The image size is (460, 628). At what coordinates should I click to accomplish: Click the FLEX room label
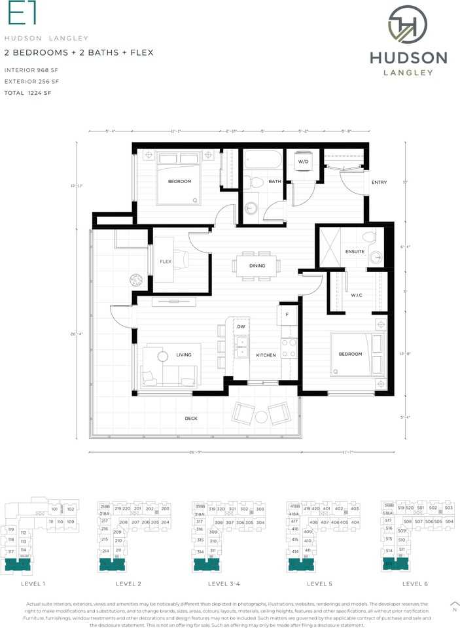point(166,262)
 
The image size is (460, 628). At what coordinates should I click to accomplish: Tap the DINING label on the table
point(257,266)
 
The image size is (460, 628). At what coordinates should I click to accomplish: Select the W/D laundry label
point(304,161)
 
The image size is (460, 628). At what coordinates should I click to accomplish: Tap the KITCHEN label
point(266,355)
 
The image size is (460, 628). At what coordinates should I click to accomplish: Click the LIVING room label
point(184,355)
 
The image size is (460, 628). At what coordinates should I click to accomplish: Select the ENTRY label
point(379,183)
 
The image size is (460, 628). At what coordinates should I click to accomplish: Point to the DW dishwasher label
point(241,326)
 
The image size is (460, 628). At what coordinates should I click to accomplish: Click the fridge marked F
point(287,314)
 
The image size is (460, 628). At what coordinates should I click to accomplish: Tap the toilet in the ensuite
point(369,237)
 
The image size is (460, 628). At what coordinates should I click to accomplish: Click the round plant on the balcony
point(136,279)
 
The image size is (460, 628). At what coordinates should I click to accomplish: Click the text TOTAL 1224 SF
point(27,94)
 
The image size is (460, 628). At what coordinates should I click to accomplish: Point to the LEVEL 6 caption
point(415,584)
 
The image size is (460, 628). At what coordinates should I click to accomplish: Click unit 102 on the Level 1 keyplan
point(70,508)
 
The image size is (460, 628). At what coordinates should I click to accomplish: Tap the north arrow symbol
point(454,604)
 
